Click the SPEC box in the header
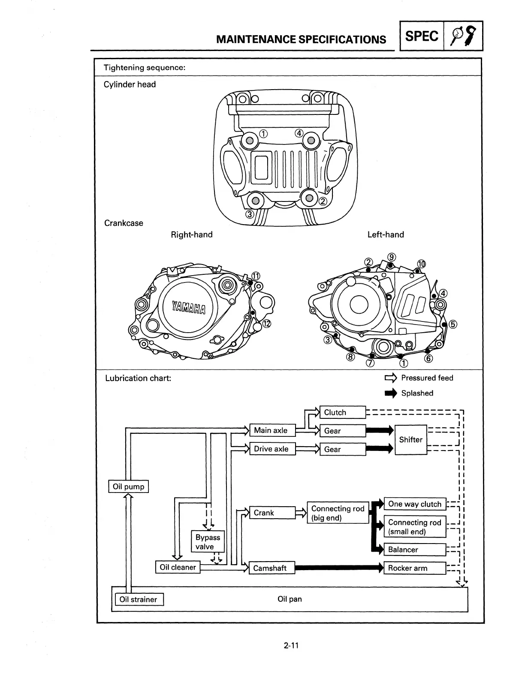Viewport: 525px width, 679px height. point(422,36)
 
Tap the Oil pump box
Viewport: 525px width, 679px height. point(129,487)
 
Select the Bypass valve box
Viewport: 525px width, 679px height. point(208,541)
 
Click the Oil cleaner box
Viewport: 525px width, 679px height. point(178,567)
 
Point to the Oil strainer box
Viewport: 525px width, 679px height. point(138,599)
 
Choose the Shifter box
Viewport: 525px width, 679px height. point(411,440)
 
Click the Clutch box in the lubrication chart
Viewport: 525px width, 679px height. point(343,412)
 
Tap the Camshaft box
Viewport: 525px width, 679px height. point(272,568)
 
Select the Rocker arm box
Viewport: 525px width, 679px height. point(415,568)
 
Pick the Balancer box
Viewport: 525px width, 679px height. point(415,550)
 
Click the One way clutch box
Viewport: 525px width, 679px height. point(415,504)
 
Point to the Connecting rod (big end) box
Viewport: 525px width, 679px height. point(338,513)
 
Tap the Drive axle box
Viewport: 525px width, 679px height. point(272,449)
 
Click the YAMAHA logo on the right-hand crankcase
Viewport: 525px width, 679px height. point(189,307)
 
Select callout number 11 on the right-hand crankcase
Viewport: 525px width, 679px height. point(256,276)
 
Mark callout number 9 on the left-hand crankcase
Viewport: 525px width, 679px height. point(392,257)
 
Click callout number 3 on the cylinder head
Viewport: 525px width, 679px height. point(250,214)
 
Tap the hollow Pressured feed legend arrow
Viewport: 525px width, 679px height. point(391,378)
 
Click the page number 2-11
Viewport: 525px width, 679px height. point(291,646)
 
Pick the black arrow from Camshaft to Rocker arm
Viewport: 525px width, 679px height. point(339,568)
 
